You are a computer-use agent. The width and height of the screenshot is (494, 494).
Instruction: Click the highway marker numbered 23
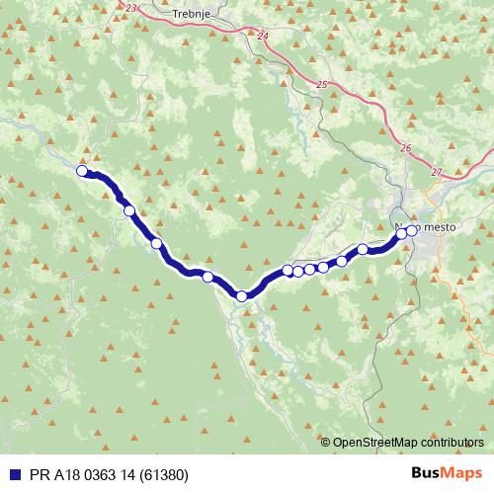133,8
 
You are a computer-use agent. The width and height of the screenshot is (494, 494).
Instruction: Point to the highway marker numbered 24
261,37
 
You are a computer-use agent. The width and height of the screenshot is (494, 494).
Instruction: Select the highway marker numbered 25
322,85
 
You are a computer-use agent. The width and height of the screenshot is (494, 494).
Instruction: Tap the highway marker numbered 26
406,148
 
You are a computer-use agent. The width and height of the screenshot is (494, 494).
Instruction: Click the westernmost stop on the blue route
83,170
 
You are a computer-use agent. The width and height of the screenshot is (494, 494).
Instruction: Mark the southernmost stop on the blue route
241,295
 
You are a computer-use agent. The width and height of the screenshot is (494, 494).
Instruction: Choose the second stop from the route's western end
128,209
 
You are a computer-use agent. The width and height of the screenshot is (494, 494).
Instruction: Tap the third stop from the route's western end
156,243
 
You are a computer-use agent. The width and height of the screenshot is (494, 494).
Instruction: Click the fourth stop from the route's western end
207,277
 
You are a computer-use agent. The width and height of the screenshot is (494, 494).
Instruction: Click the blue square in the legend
12,475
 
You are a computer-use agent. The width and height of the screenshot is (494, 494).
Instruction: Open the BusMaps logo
446,474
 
